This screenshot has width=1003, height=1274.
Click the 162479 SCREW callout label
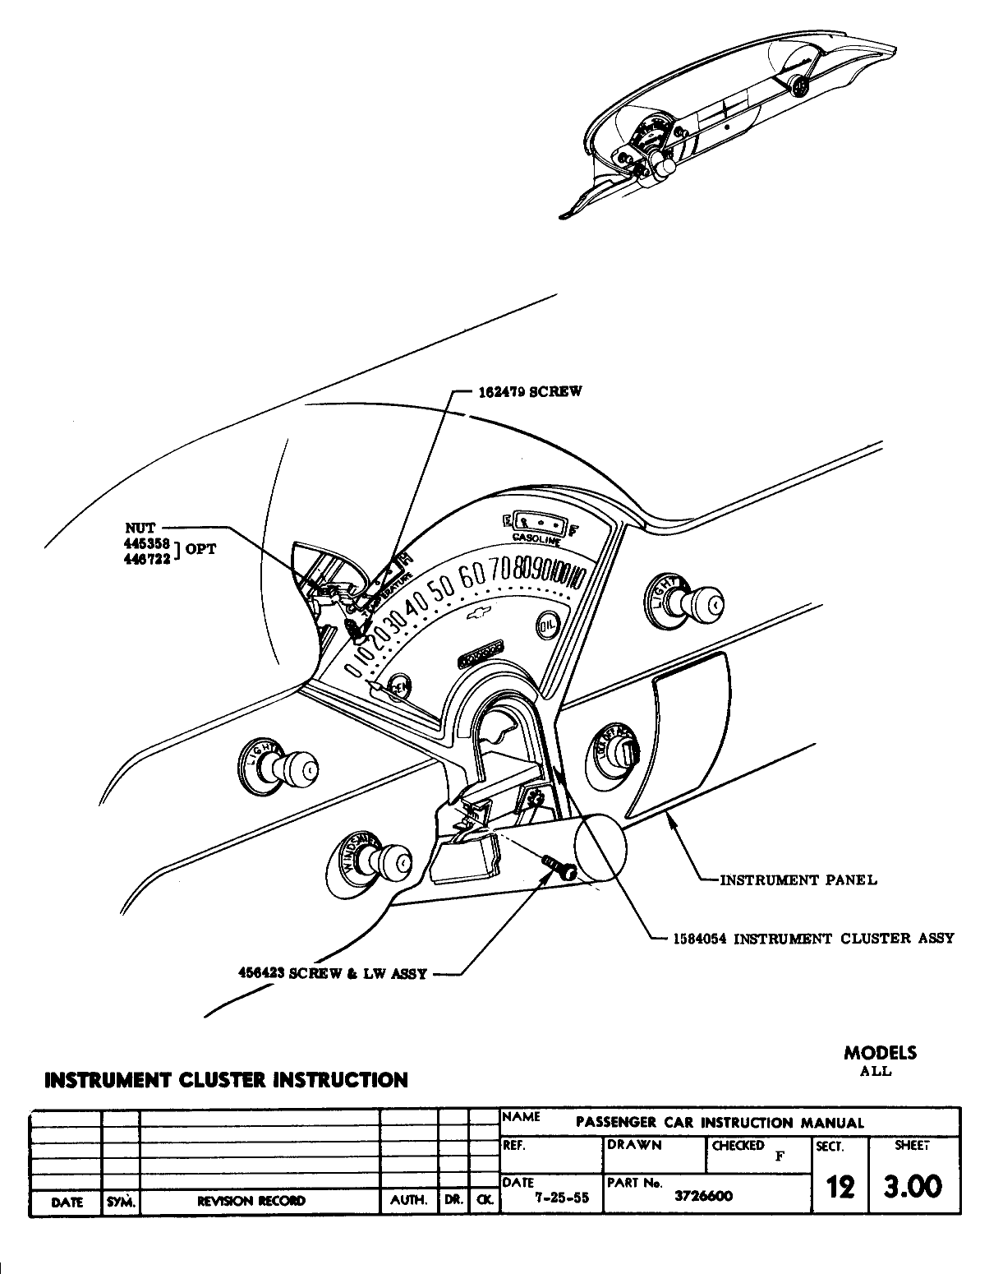(530, 391)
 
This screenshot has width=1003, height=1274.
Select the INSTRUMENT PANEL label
(798, 880)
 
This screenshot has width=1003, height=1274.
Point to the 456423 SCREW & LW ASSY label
(332, 974)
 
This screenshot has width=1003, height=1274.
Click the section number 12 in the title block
(838, 1186)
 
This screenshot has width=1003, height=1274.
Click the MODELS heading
(880, 1053)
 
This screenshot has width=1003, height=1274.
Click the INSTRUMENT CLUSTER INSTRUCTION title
(226, 1079)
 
